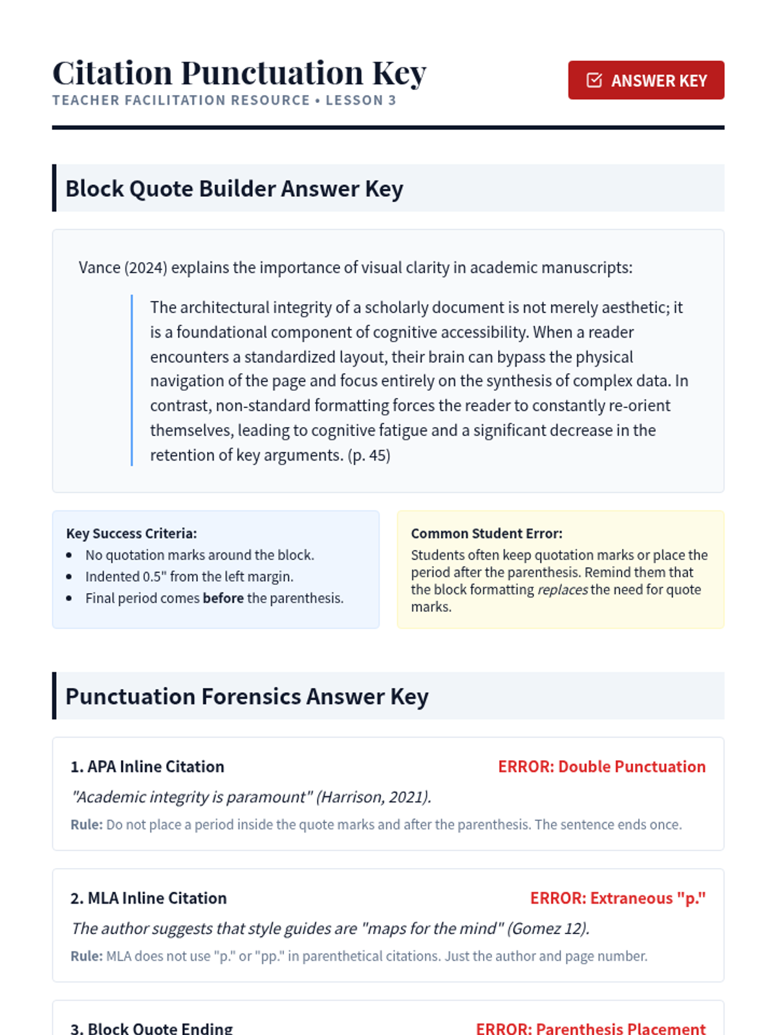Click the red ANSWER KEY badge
point(645,80)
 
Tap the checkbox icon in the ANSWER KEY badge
point(594,80)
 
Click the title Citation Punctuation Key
point(239,72)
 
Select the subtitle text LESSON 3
point(361,100)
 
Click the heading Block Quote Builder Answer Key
point(234,189)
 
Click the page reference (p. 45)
point(369,455)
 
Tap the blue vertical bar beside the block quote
point(132,380)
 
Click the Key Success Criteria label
point(131,534)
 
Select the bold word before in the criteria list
point(223,598)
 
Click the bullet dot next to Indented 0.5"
point(69,577)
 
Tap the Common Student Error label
point(486,534)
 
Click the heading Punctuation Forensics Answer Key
point(246,697)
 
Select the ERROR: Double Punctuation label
point(601,767)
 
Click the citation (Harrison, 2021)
point(373,797)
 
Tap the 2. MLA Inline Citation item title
point(148,899)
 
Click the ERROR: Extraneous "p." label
point(618,899)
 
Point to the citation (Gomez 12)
point(548,929)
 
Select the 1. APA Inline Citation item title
point(147,767)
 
